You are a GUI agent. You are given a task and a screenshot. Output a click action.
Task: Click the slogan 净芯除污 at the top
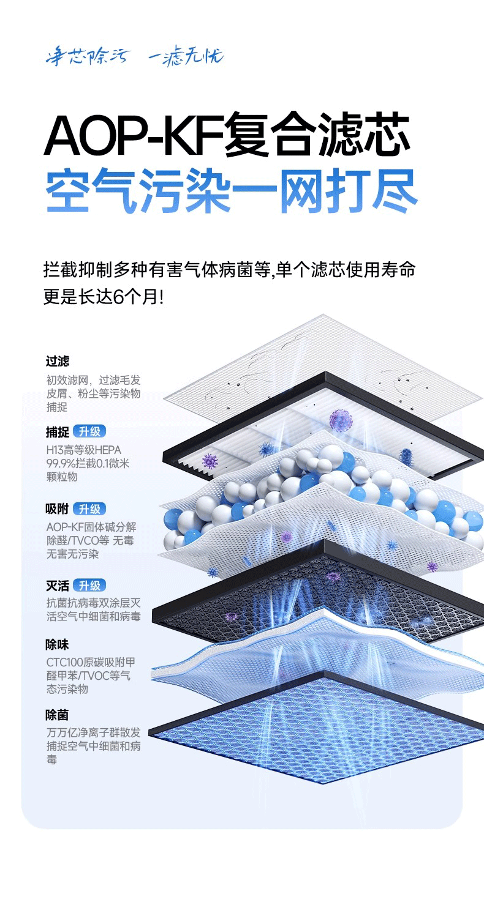point(87,57)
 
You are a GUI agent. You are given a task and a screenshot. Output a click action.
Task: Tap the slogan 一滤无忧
point(186,57)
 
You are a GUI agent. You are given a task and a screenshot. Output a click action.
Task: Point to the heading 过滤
point(58,362)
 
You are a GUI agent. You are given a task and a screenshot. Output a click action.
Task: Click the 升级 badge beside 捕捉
point(89,431)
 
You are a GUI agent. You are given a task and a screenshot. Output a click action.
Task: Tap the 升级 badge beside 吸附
point(89,509)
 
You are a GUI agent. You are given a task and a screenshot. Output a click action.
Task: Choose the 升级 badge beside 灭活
point(89,586)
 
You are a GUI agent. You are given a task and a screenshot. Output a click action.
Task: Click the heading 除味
point(58,644)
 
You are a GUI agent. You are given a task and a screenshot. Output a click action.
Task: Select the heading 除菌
point(58,715)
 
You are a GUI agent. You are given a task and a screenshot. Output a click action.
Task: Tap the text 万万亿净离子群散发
point(93,732)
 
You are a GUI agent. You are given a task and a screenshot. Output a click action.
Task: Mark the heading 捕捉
point(58,431)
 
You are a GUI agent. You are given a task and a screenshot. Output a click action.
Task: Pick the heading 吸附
point(58,509)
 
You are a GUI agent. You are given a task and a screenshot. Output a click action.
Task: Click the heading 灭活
point(58,586)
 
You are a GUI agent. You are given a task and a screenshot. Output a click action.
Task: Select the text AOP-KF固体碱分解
point(91,527)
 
